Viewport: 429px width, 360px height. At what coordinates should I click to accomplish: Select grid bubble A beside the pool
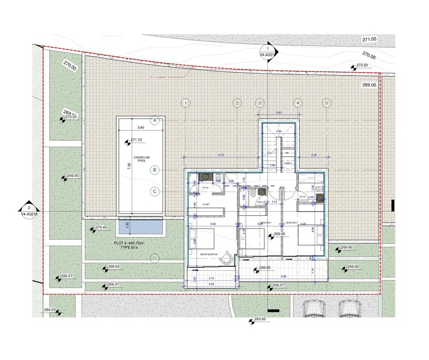point(154,120)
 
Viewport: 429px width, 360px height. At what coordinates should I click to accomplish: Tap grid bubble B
point(154,169)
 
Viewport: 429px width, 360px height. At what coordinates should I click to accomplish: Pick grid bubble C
point(154,192)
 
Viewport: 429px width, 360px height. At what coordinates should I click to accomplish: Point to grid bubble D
point(154,258)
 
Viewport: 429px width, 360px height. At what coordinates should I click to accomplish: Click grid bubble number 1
point(185,103)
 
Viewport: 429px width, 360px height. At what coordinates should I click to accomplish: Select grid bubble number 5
point(327,103)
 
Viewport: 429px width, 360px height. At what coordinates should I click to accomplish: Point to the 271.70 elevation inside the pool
point(136,140)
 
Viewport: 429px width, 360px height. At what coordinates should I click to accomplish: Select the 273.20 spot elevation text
point(362,66)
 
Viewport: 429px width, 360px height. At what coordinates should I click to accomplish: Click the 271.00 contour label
point(369,39)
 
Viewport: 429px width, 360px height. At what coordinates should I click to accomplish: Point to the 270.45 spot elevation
point(101,228)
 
